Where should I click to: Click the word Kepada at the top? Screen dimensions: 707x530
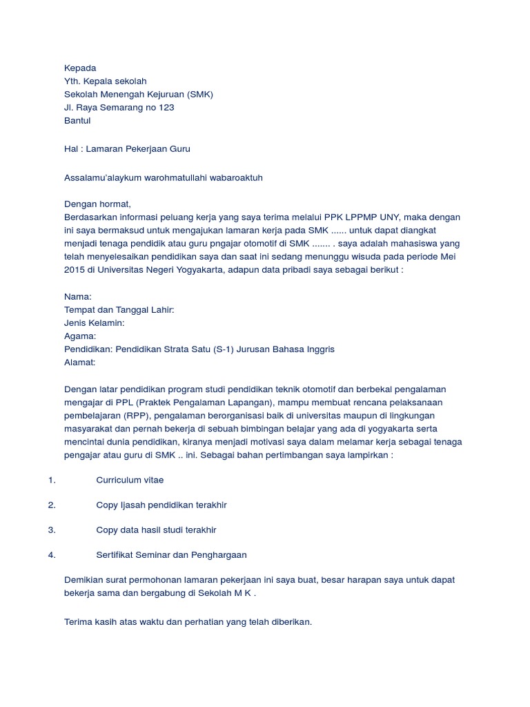tap(80, 68)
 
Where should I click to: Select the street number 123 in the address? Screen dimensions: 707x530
tap(166, 108)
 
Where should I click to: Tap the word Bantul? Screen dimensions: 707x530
tap(77, 121)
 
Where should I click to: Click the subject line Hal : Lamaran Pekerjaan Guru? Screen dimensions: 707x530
tap(127, 148)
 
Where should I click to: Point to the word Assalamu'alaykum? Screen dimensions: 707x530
tap(97, 178)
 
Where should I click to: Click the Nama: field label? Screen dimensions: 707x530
tap(78, 297)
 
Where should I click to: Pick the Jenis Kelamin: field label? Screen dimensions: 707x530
tap(95, 323)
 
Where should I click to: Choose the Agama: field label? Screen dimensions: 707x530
tap(80, 336)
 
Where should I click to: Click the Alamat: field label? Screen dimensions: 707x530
tap(80, 362)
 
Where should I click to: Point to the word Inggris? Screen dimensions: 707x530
tap(318, 349)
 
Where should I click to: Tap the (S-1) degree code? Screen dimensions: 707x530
tap(224, 349)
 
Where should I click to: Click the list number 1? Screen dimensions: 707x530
tap(52, 480)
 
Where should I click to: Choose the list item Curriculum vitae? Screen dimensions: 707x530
tap(130, 480)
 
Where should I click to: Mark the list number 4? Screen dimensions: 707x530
tap(52, 555)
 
